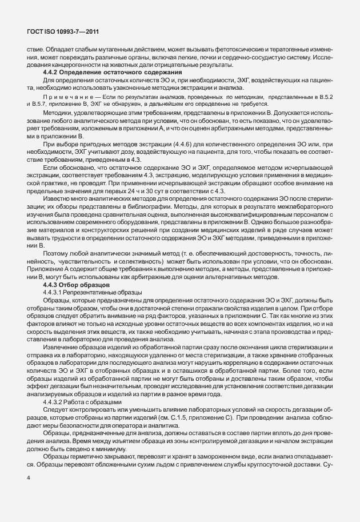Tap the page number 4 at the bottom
pos(29,492)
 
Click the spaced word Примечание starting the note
pos(66,98)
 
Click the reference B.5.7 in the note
pos(37,105)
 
